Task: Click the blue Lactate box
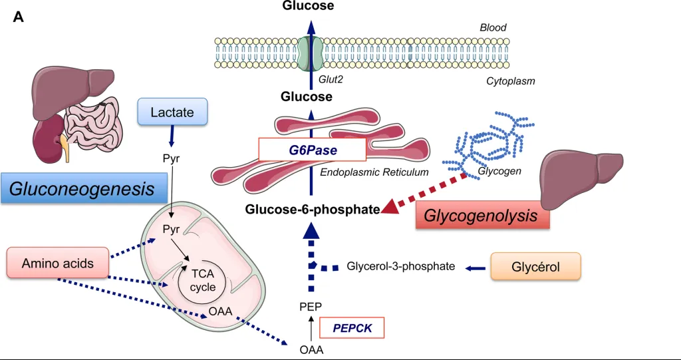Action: pos(173,112)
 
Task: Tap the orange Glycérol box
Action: pos(535,266)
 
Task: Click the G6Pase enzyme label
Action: pos(312,150)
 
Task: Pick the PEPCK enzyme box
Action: pos(352,327)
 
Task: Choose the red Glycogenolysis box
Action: pos(481,216)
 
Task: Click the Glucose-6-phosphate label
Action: pos(312,210)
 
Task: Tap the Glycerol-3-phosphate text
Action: pos(401,267)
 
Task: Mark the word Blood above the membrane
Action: pos(493,28)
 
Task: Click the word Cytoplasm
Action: pos(511,81)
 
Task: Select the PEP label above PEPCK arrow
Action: pos(311,307)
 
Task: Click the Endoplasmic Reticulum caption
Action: pos(374,172)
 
